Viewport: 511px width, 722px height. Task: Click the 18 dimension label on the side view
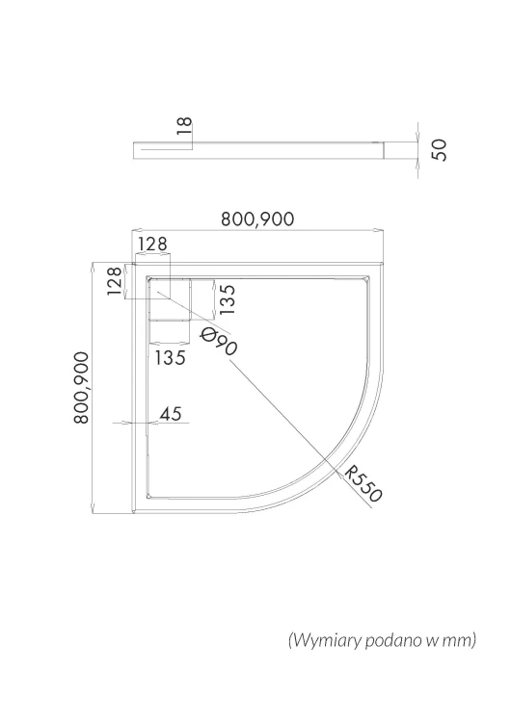pyautogui.click(x=184, y=126)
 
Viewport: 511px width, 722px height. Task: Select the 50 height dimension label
pyautogui.click(x=440, y=149)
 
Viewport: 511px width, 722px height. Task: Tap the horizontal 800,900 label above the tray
pyautogui.click(x=257, y=219)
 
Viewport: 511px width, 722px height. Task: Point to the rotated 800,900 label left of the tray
pyautogui.click(x=82, y=387)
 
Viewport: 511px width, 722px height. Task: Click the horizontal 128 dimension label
pyautogui.click(x=152, y=245)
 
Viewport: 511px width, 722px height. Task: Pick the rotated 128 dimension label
pyautogui.click(x=115, y=281)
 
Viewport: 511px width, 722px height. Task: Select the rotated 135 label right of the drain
pyautogui.click(x=228, y=299)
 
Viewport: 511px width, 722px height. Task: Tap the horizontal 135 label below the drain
pyautogui.click(x=171, y=357)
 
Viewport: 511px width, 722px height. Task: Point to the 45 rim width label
pyautogui.click(x=171, y=414)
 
